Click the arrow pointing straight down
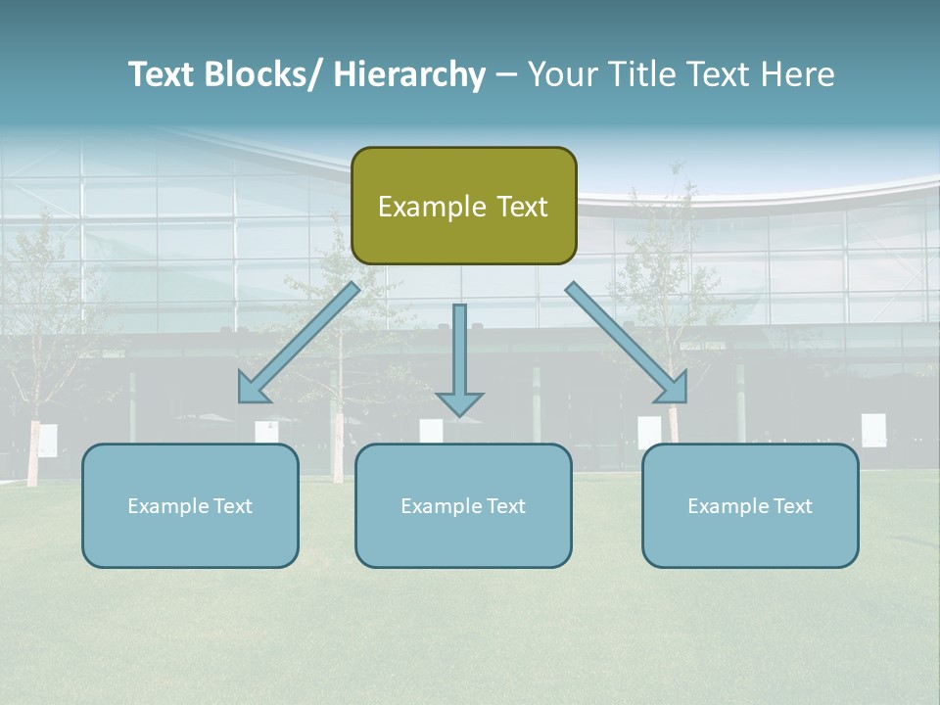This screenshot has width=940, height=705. [459, 357]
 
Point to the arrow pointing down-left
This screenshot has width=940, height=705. [299, 343]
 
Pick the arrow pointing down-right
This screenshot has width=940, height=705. [627, 343]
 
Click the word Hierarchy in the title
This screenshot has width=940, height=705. [409, 74]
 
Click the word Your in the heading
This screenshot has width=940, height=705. [558, 74]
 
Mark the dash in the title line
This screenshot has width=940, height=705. [505, 74]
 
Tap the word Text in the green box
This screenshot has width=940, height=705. [521, 207]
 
